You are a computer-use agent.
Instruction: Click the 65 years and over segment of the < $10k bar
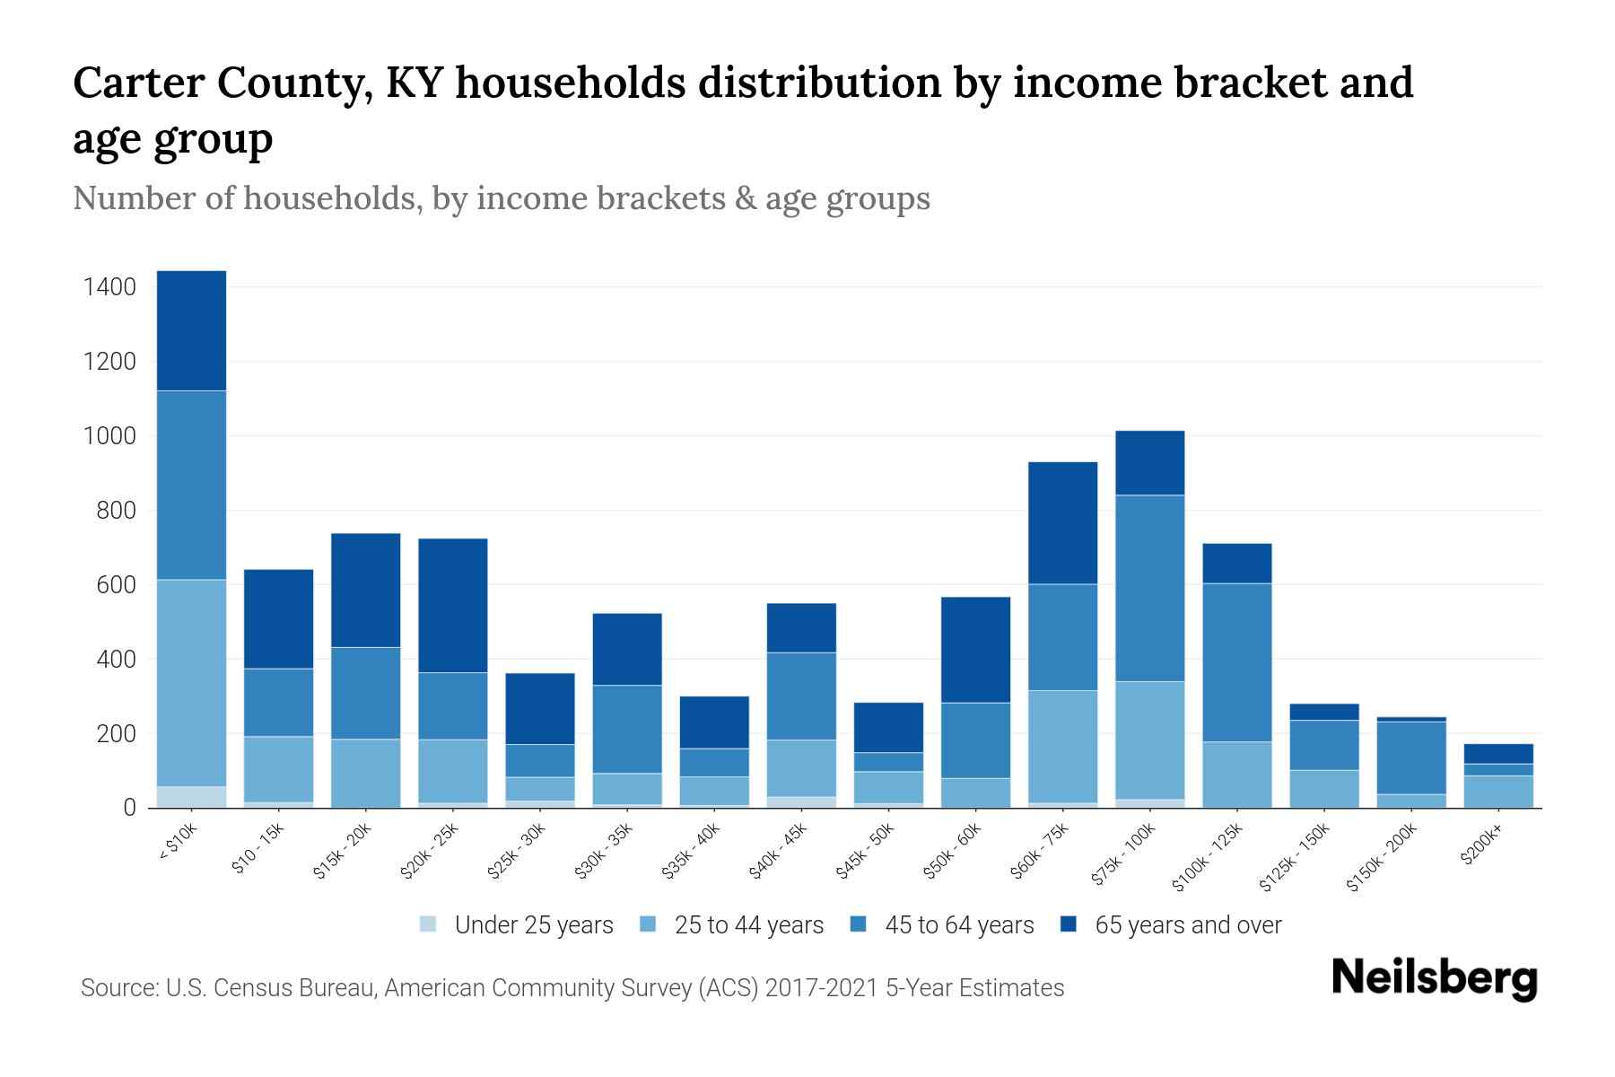point(191,330)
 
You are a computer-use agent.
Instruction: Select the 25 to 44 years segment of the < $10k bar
point(191,682)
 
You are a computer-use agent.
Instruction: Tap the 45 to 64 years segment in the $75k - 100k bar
point(1149,588)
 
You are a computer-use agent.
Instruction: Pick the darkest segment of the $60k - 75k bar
point(1062,522)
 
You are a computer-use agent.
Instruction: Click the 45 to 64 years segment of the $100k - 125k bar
point(1236,662)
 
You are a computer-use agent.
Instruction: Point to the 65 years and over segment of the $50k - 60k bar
point(975,649)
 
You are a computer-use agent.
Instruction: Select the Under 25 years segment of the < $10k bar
point(191,797)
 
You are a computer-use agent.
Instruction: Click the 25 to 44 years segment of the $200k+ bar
point(1498,792)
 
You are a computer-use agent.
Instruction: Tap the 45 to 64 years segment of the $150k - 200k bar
point(1411,757)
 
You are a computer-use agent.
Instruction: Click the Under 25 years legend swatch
point(429,924)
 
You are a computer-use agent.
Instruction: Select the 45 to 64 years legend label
point(959,925)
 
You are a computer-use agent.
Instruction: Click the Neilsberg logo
point(1434,979)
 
